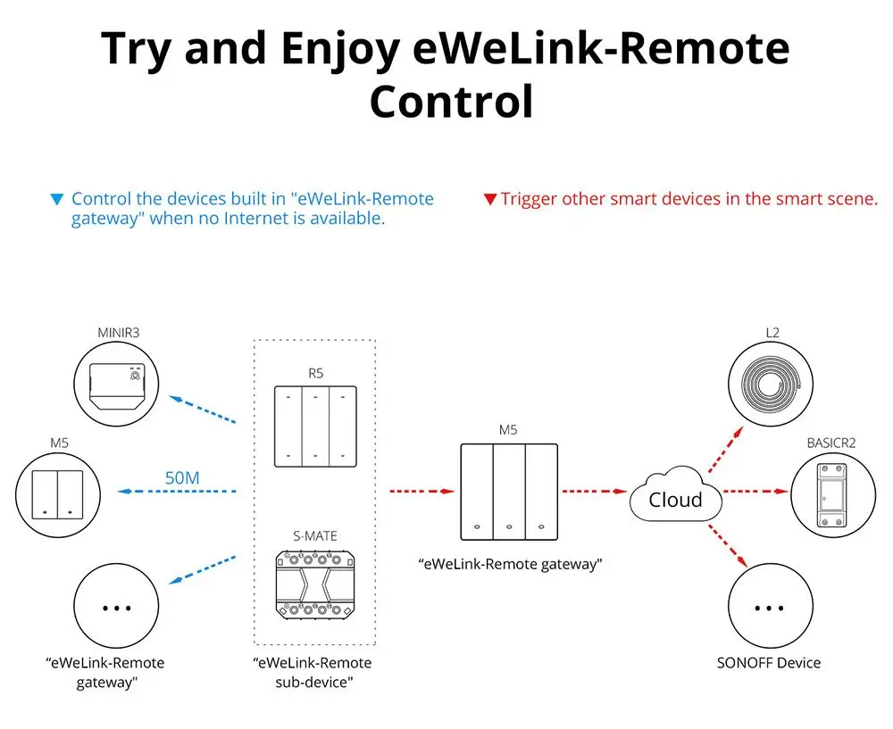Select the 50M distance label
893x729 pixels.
pyautogui.click(x=182, y=477)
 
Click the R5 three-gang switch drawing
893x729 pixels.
pyautogui.click(x=314, y=427)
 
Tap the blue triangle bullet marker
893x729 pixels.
pyautogui.click(x=57, y=199)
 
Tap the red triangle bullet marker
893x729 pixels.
pyautogui.click(x=489, y=199)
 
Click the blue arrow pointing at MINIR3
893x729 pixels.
pyautogui.click(x=203, y=412)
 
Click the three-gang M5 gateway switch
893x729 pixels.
pyautogui.click(x=507, y=491)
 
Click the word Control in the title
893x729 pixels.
pyautogui.click(x=451, y=102)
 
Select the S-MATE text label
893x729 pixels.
pyautogui.click(x=314, y=536)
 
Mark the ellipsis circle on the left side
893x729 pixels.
pyautogui.click(x=117, y=609)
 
